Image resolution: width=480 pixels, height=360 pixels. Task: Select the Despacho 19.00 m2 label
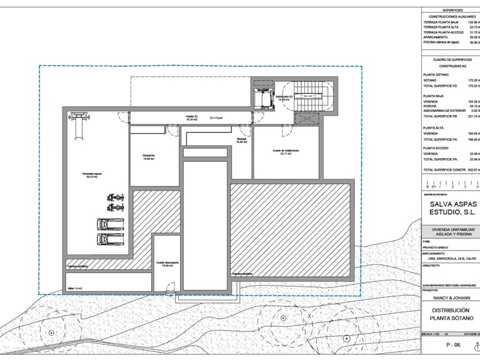[148, 157]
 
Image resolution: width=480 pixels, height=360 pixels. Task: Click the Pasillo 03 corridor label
[191, 117]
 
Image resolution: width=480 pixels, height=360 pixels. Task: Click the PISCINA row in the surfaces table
[444, 42]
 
